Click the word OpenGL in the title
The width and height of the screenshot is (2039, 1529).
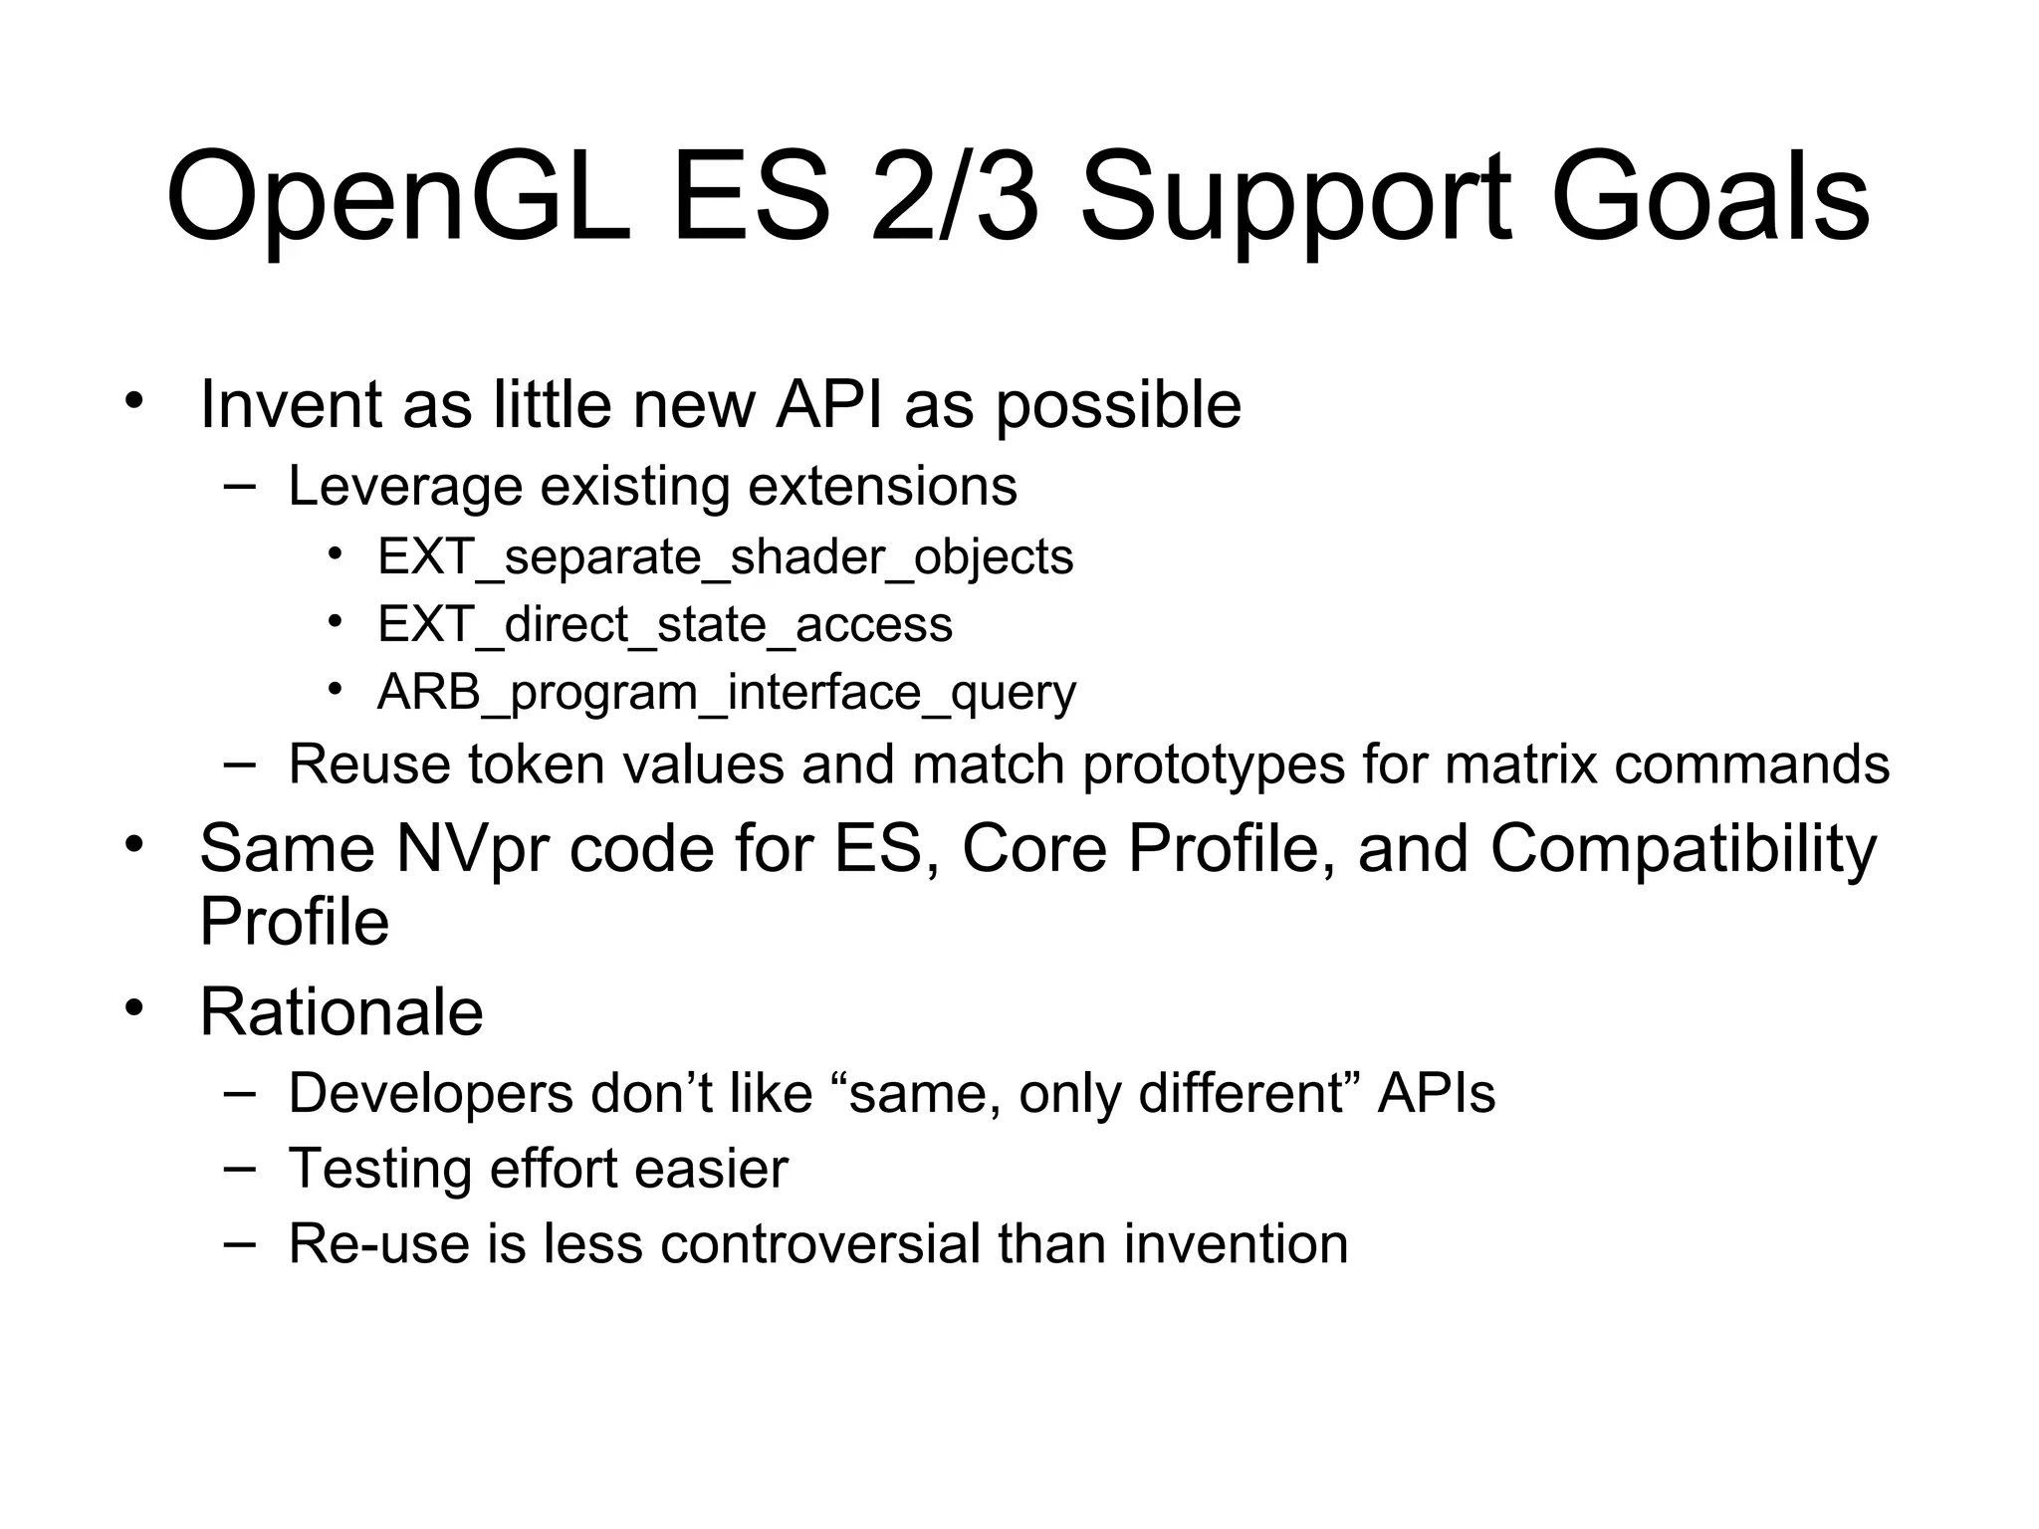398,199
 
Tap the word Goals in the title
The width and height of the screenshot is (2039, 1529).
1709,199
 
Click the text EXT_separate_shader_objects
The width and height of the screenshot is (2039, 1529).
725,556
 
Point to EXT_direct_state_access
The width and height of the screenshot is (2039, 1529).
665,624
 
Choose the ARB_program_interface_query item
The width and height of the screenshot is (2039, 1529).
726,692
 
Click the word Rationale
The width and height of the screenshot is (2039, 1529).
341,1012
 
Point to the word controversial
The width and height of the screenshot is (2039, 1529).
819,1243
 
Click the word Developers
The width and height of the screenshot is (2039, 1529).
430,1093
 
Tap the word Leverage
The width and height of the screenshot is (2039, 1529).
405,487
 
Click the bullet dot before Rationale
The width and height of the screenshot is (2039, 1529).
134,1007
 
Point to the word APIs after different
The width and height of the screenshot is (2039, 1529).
1436,1093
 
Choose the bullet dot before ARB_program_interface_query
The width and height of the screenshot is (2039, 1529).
336,688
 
